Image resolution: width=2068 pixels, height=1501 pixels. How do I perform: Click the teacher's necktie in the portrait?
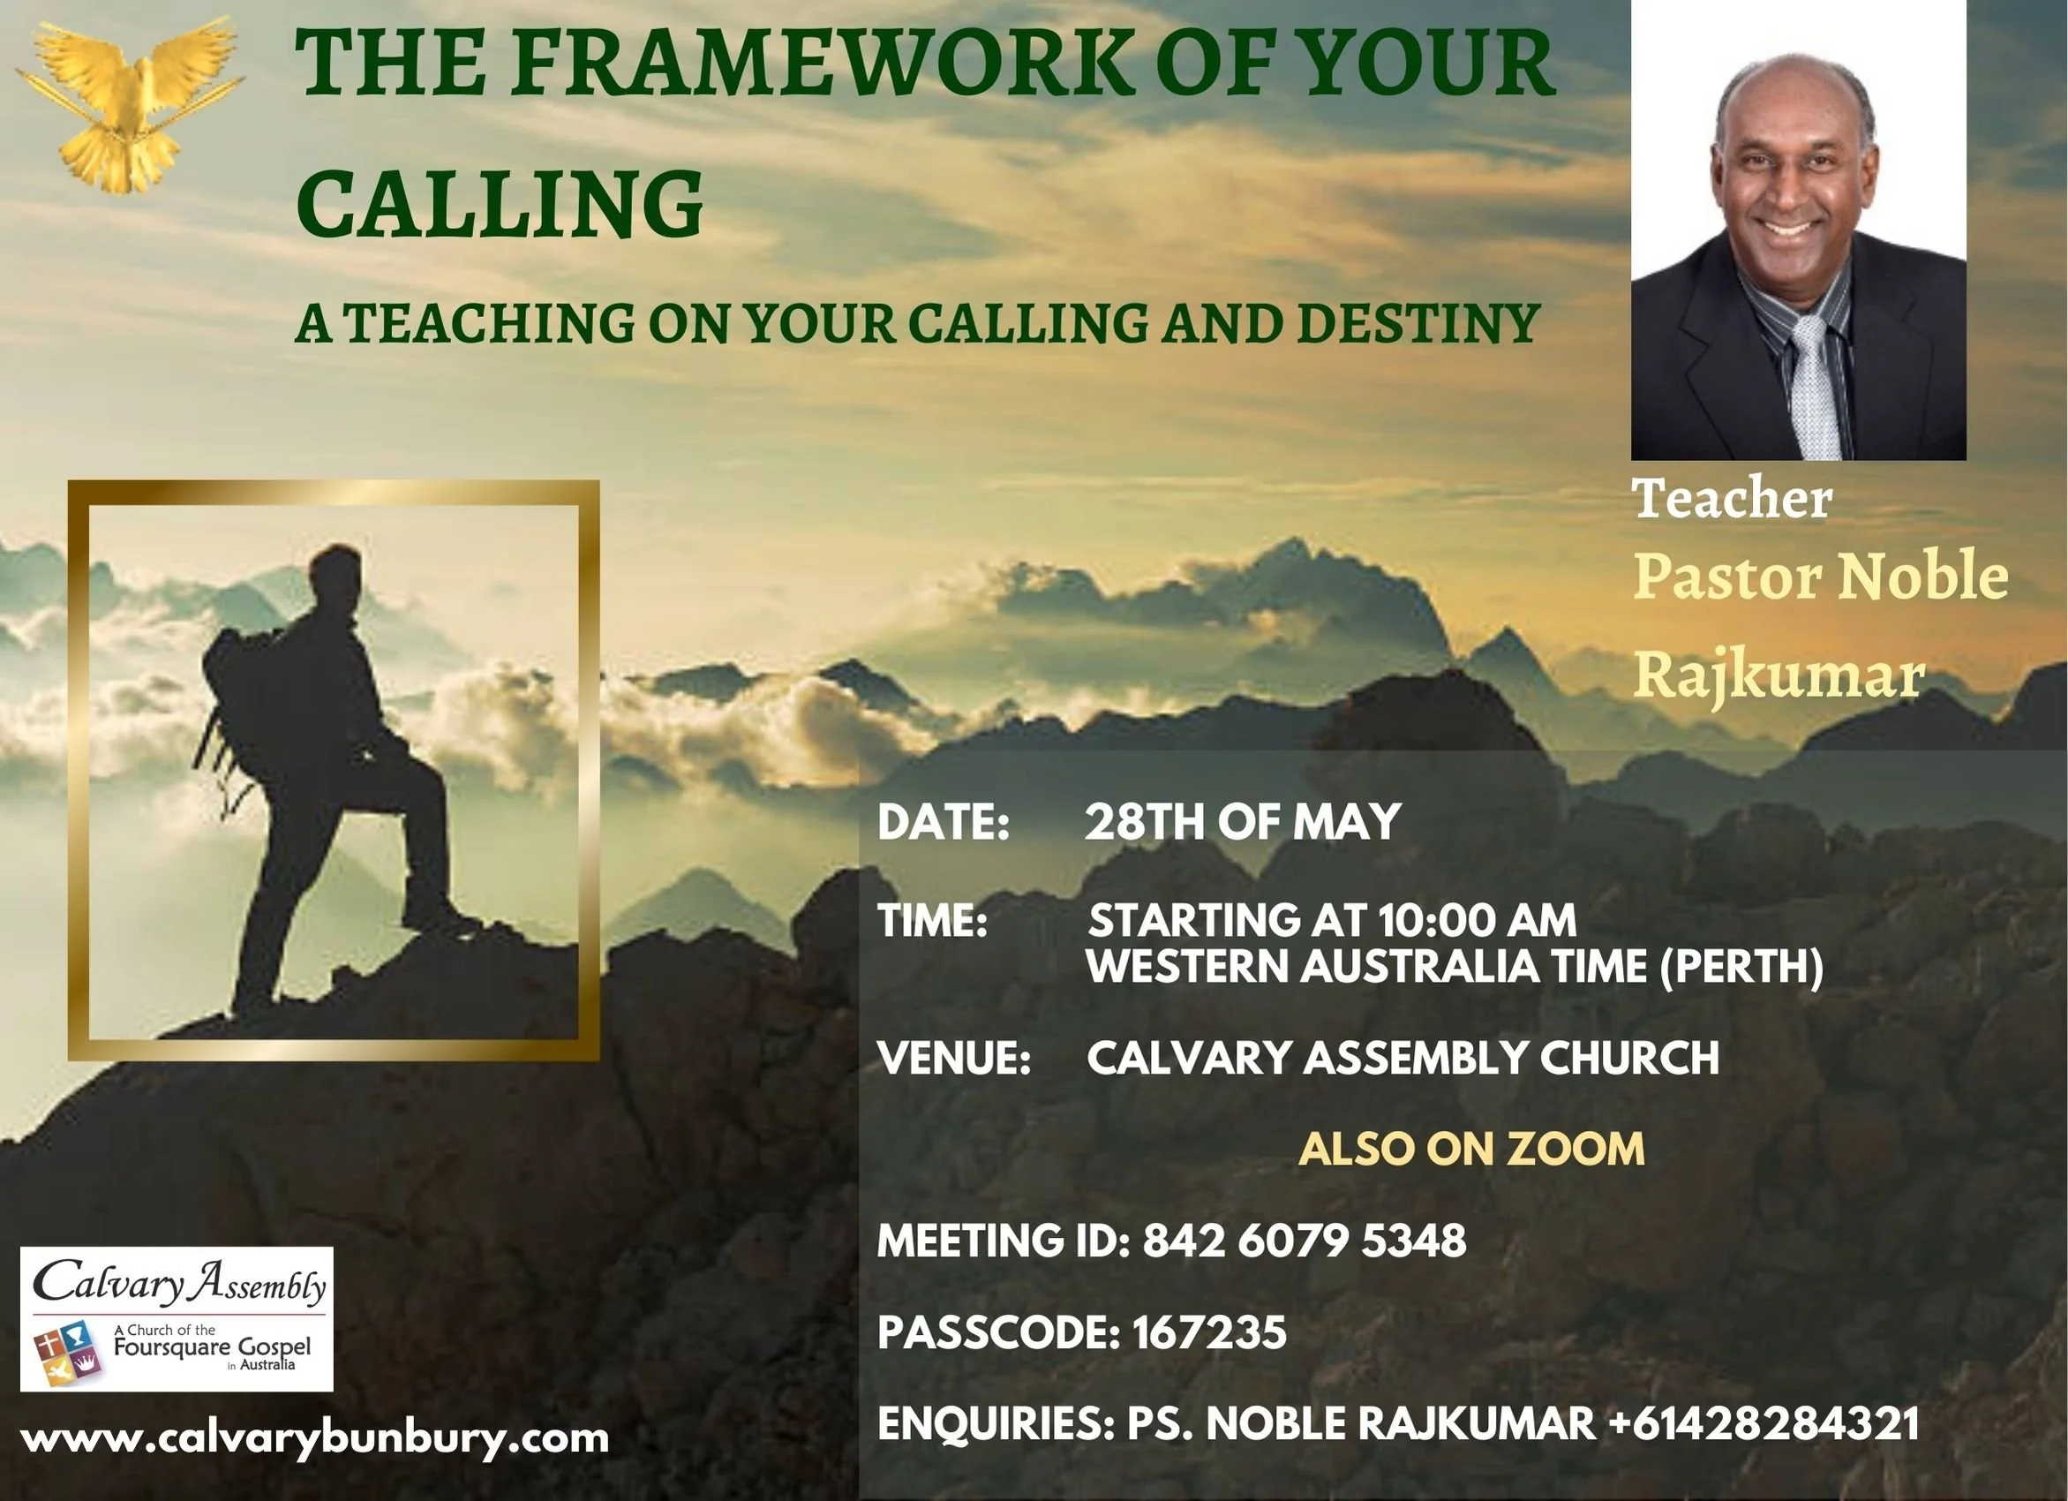pos(1815,383)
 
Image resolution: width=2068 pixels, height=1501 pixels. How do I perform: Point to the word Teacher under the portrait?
pos(1732,499)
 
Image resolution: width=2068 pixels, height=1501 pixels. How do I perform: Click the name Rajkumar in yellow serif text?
pos(1778,675)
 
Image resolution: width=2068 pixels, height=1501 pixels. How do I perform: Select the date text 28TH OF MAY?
pos(1242,822)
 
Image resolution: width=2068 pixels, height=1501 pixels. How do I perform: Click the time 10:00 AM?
pos(1477,919)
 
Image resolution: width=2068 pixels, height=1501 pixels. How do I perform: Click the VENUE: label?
pos(953,1058)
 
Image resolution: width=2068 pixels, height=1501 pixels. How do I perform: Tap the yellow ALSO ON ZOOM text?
pos(1470,1148)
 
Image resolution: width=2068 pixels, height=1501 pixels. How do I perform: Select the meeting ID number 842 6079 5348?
pos(1304,1241)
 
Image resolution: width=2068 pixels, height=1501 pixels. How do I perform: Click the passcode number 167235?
pos(1209,1332)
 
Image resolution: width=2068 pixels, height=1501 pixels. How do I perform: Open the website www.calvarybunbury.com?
pos(314,1439)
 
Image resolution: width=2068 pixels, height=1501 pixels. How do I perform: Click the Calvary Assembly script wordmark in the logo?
pos(178,1284)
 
